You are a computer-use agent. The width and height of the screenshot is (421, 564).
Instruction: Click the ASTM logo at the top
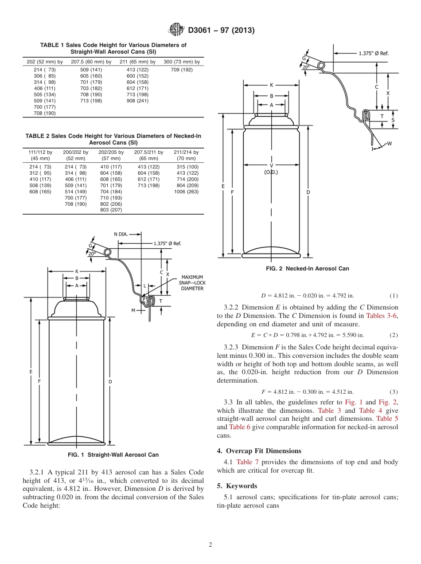[x=177, y=30]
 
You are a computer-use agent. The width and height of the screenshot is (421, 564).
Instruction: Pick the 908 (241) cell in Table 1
[x=137, y=101]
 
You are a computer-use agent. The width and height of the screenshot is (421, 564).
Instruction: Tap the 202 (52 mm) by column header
[x=45, y=62]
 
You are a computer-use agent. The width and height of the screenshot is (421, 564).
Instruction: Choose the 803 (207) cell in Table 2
[x=111, y=210]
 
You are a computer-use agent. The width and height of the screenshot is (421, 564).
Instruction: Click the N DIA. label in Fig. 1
[x=121, y=234]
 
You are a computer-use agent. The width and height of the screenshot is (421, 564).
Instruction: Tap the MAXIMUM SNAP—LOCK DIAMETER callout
[x=192, y=282]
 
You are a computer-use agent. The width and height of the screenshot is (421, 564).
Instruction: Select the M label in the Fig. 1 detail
[x=133, y=310]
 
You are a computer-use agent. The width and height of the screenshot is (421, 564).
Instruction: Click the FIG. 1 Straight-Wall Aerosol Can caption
[x=113, y=454]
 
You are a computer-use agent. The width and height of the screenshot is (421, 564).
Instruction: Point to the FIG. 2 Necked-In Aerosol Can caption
[x=307, y=268]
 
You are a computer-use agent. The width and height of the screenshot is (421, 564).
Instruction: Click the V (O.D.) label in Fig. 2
[x=271, y=168]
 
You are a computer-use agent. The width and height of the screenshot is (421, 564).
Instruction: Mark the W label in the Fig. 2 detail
[x=389, y=143]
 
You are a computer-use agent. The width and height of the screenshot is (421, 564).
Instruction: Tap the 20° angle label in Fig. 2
[x=306, y=67]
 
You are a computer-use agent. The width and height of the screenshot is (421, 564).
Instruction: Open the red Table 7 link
[x=244, y=462]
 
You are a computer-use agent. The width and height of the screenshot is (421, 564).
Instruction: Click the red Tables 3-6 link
[x=382, y=316]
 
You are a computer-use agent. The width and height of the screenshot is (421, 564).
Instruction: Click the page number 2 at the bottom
[x=210, y=545]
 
